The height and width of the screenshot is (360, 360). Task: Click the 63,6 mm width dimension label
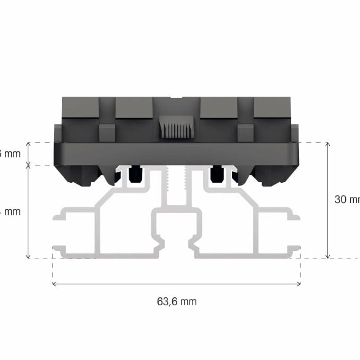pos(177,302)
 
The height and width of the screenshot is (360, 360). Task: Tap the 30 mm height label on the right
pos(346,199)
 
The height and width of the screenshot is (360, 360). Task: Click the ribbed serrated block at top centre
pos(177,128)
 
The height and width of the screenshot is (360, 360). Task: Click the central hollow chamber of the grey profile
pos(177,231)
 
